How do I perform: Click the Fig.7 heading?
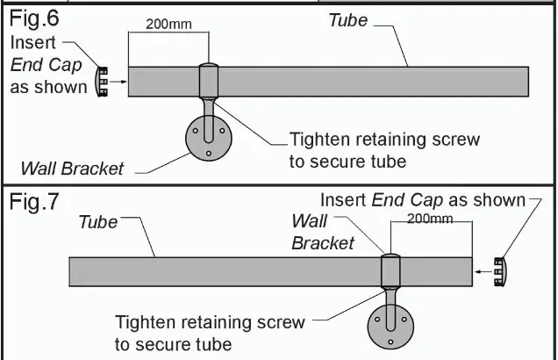[x=34, y=204]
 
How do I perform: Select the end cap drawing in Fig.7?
[x=500, y=271]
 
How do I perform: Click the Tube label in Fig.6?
[x=347, y=19]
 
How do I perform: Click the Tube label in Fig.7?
[x=98, y=222]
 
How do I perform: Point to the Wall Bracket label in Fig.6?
[x=72, y=169]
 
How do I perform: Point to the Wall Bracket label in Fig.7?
[x=323, y=232]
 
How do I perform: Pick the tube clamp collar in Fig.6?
[x=210, y=80]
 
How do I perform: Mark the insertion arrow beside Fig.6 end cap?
[x=119, y=82]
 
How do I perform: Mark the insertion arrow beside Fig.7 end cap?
[x=483, y=272]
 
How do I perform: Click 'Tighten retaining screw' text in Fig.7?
[x=210, y=322]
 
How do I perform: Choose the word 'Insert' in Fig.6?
[x=34, y=42]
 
